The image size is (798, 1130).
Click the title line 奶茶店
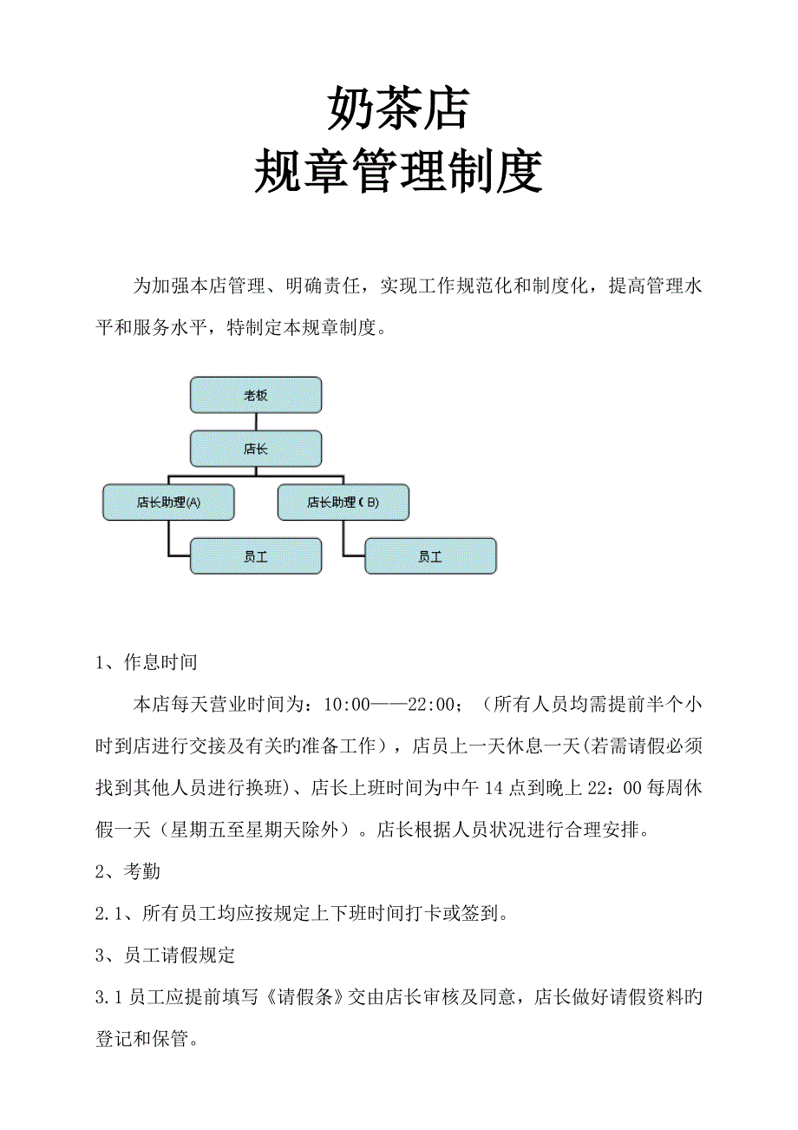(x=398, y=108)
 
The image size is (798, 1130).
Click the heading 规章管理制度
(x=398, y=172)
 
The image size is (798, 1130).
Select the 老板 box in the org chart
(x=256, y=395)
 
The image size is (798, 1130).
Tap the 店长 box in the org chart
(x=256, y=449)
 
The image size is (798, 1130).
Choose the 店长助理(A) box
(x=168, y=503)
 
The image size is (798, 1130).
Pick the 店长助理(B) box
(x=343, y=503)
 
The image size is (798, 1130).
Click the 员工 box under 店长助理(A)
(x=256, y=556)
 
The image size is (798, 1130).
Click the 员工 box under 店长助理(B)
(x=430, y=556)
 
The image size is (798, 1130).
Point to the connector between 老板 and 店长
(x=256, y=422)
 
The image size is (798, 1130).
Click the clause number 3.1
(x=108, y=997)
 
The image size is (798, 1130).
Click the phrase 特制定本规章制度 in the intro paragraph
(x=304, y=329)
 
